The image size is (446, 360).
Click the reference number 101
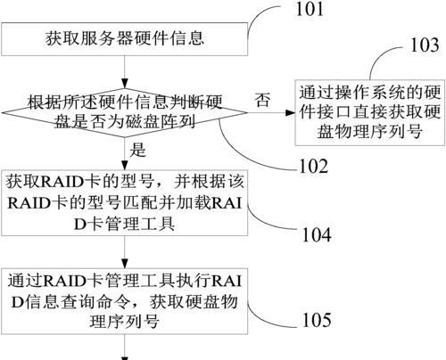310,9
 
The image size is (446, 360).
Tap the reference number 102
314,166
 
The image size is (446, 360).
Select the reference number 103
425,45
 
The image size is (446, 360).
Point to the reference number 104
317,234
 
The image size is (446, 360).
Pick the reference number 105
317,320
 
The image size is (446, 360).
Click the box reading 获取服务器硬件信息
124,39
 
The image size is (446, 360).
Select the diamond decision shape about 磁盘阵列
124,113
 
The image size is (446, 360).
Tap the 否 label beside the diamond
262,100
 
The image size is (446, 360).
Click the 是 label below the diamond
137,150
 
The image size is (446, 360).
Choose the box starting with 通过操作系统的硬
370,112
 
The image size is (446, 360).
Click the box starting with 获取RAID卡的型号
124,203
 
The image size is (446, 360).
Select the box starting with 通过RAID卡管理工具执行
124,301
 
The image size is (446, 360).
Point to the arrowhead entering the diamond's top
125,84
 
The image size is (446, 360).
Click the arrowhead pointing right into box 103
290,113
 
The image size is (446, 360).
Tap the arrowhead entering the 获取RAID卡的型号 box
125,165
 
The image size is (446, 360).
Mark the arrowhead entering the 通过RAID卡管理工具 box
125,264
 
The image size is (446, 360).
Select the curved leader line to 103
380,54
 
